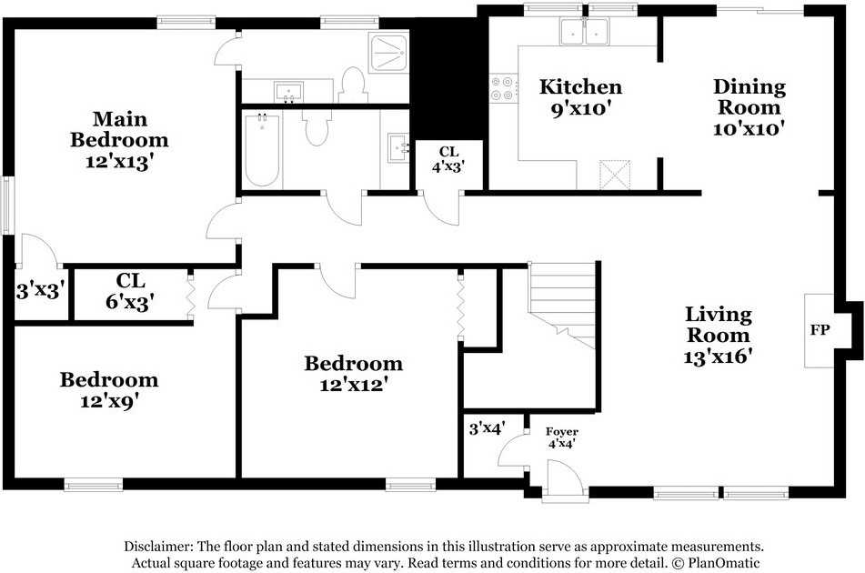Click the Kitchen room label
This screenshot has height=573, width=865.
pyautogui.click(x=580, y=97)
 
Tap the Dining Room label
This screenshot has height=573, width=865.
pyautogui.click(x=749, y=107)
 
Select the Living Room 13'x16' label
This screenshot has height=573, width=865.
pyautogui.click(x=719, y=336)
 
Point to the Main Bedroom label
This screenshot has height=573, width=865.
pyautogui.click(x=119, y=140)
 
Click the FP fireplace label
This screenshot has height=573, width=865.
pyautogui.click(x=820, y=330)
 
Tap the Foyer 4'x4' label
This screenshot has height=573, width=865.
pyautogui.click(x=562, y=437)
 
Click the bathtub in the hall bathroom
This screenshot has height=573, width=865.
pyautogui.click(x=262, y=149)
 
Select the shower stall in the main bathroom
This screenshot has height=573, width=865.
pyautogui.click(x=389, y=53)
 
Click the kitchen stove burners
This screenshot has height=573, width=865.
pyautogui.click(x=503, y=88)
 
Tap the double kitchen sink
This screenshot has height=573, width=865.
pyautogui.click(x=584, y=31)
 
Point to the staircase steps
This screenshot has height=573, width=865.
pyautogui.click(x=563, y=305)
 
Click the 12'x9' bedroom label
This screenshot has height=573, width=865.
pyautogui.click(x=109, y=390)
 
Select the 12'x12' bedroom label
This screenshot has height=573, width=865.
pyautogui.click(x=353, y=374)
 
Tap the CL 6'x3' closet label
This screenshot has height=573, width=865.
pyautogui.click(x=130, y=291)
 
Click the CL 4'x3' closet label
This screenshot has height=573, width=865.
pyautogui.click(x=448, y=159)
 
